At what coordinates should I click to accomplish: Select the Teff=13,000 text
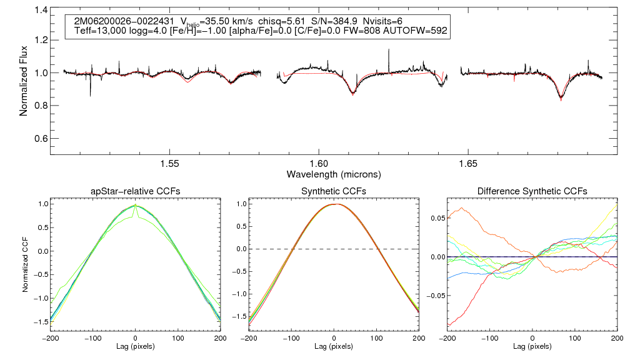tap(99, 31)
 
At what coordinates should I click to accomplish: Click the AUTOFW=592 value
tap(422, 31)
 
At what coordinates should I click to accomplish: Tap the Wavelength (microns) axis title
tap(334, 173)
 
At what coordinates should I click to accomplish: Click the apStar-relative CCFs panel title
tap(136, 191)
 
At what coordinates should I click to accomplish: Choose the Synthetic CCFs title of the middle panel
tap(334, 191)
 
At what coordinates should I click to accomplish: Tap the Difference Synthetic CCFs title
tap(532, 191)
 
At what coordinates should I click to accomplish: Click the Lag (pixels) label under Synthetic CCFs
tap(334, 346)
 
